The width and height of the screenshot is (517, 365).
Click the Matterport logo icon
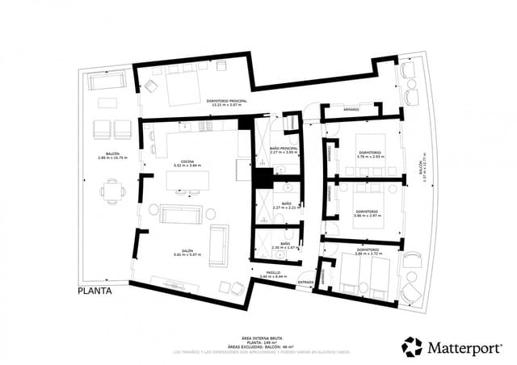point(412,346)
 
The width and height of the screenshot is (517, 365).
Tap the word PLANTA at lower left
point(94,289)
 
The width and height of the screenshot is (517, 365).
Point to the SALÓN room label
point(187,250)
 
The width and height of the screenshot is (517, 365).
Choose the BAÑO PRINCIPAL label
point(284,149)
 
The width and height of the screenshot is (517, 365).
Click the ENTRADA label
point(305,282)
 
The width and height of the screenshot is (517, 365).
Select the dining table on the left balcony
point(112,192)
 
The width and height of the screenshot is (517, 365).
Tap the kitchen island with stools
point(187,181)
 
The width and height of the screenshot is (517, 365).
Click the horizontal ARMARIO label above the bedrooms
point(351,108)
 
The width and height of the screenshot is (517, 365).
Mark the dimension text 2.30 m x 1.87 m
point(284,248)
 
